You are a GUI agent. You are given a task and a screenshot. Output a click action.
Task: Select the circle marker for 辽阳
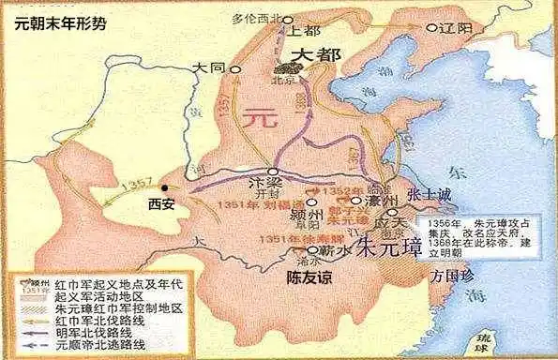click(x=432, y=28)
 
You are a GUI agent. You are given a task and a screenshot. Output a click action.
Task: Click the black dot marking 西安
click(x=165, y=187)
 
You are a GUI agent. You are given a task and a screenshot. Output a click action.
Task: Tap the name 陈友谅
click(x=312, y=277)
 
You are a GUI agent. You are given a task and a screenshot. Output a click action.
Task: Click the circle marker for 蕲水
click(x=311, y=251)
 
